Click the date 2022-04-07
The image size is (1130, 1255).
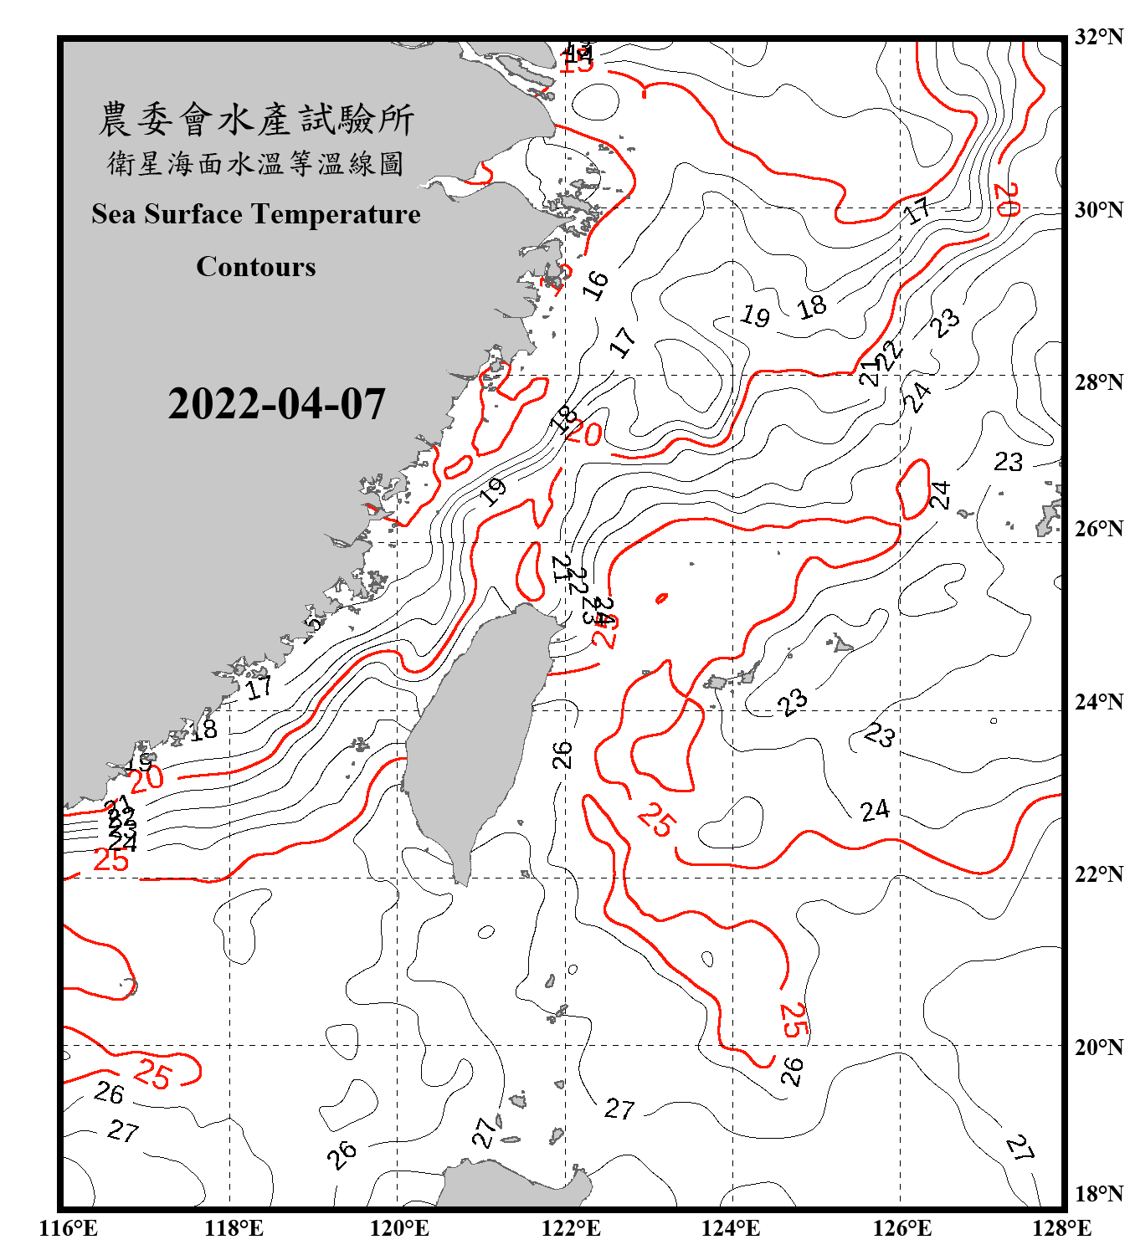coord(276,404)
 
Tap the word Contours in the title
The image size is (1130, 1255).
coord(256,267)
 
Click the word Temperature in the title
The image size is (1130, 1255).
coord(340,214)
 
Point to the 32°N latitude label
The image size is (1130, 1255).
coord(1098,37)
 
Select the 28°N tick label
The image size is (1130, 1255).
coord(1098,382)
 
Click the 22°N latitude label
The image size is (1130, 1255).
coord(1098,874)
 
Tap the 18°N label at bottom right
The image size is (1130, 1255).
coord(1098,1194)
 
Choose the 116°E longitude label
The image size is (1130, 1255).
coord(69,1228)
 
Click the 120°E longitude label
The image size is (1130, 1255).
coord(399,1228)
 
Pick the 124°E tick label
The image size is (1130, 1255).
coord(731,1228)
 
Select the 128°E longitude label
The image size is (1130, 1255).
coord(1061,1228)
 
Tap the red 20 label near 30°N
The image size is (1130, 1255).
coord(1008,199)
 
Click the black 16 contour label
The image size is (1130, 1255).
coord(596,285)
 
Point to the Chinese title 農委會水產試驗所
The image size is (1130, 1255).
coord(256,120)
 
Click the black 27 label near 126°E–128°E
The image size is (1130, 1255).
coord(1020,1147)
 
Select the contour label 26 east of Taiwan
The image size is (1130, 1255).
coord(562,755)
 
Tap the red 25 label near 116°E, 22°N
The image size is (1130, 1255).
coord(111,859)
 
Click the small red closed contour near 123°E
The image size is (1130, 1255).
coord(661,598)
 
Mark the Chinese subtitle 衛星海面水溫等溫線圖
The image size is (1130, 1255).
coord(256,164)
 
